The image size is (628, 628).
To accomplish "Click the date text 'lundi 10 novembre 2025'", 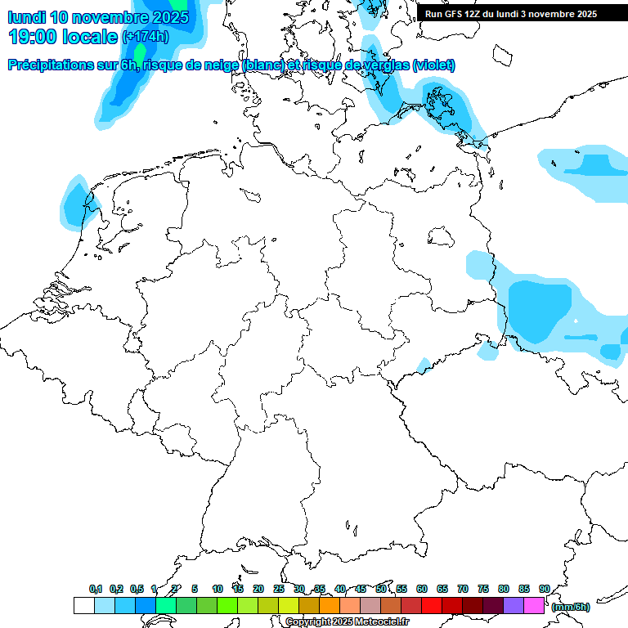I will (98, 16).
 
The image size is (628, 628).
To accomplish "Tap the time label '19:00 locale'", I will (63, 37).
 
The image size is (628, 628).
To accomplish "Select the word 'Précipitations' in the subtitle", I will (49, 65).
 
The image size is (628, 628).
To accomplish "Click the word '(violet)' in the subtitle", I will (433, 65).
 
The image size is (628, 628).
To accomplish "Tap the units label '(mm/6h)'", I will (571, 607).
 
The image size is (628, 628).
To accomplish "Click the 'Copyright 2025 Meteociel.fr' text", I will (347, 622).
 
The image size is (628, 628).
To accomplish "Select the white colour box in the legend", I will (83, 606).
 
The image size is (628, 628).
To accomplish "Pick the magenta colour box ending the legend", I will (534, 606).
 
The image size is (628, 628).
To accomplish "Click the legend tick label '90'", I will (544, 589).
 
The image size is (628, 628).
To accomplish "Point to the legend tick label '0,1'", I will (95, 589).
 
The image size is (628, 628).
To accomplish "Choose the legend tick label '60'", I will (422, 589).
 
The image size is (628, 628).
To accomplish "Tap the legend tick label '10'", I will (218, 589).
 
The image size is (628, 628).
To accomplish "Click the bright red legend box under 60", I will (432, 606).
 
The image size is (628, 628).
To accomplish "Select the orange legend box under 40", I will (330, 606).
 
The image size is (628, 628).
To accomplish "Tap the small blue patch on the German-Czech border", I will (422, 365).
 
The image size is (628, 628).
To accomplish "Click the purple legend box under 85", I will (514, 606).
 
